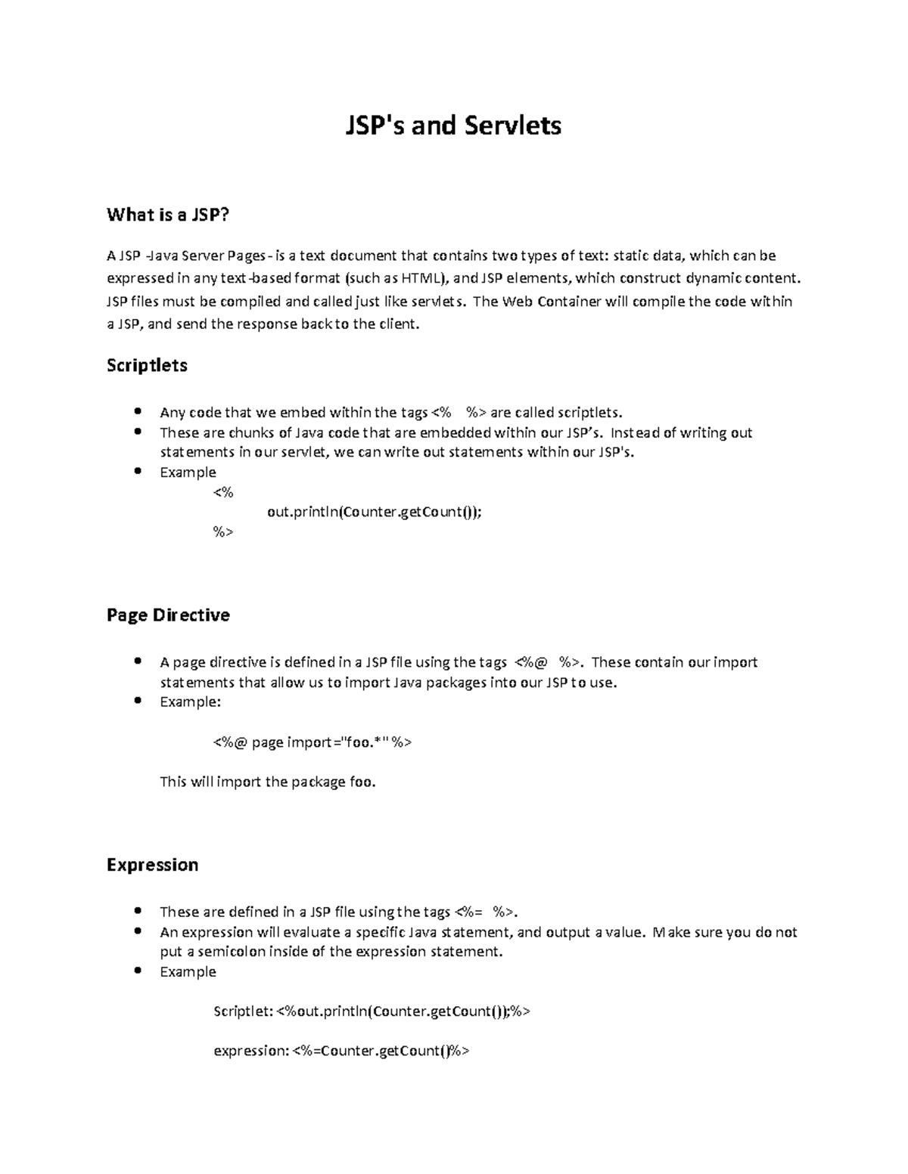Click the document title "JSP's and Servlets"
453,125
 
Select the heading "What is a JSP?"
167,215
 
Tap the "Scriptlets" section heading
147,366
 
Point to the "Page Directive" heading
168,615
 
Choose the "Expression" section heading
152,865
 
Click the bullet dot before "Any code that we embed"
137,412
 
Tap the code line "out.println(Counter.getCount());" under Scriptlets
374,513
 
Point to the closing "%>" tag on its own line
223,532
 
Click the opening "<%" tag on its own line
223,493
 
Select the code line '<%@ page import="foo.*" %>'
313,742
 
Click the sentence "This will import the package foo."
268,782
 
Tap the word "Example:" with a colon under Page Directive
190,702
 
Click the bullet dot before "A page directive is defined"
137,661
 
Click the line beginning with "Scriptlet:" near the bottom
372,1011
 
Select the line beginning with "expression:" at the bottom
341,1051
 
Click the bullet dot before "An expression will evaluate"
137,931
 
